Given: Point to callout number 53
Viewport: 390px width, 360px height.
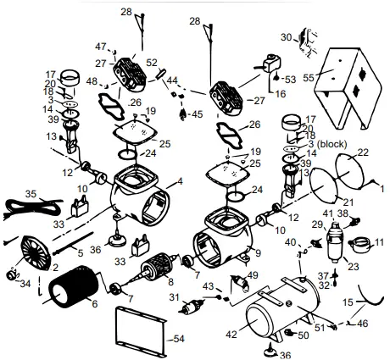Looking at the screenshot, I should click(291, 79).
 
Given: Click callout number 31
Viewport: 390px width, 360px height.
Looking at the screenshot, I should click(175, 297).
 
